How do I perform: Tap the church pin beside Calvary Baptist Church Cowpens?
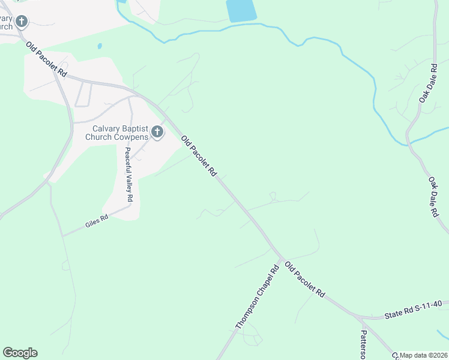pyautogui.click(x=157, y=132)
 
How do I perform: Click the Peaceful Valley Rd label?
pyautogui.click(x=128, y=174)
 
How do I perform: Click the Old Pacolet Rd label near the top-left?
pyautogui.click(x=46, y=59)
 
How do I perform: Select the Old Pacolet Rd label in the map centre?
pyautogui.click(x=198, y=155)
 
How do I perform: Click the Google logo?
pyautogui.click(x=20, y=353)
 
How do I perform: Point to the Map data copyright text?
pyautogui.click(x=424, y=355)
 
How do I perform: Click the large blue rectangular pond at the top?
pyautogui.click(x=241, y=10)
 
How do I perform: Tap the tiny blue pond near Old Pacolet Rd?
pyautogui.click(x=99, y=46)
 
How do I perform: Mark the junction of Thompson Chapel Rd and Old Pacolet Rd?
pyautogui.click(x=281, y=259)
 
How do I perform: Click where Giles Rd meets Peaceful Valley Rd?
pyautogui.click(x=131, y=205)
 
